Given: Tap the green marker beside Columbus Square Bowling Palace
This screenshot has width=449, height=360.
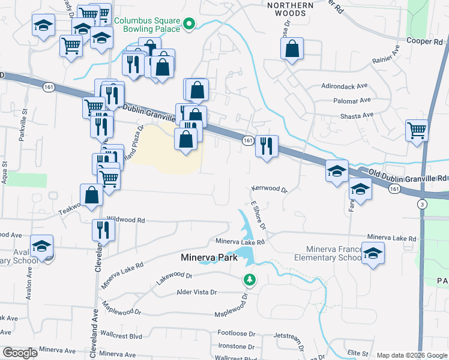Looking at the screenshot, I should [188, 25].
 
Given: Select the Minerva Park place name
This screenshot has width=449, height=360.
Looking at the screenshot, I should [209, 258].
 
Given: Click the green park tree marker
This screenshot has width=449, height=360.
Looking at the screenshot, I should [249, 280].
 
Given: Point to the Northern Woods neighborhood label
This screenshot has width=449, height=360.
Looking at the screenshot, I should [291, 9].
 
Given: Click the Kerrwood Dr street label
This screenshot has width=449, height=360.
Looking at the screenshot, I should [270, 188].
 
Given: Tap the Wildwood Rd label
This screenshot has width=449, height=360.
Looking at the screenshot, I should [126, 220].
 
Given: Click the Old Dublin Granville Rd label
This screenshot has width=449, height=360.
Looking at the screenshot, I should [408, 178].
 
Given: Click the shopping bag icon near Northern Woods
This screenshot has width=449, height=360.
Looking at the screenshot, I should [292, 50].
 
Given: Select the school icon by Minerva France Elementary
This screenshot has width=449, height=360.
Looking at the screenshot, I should [373, 254].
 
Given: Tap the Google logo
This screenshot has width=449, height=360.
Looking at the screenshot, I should [20, 353].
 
